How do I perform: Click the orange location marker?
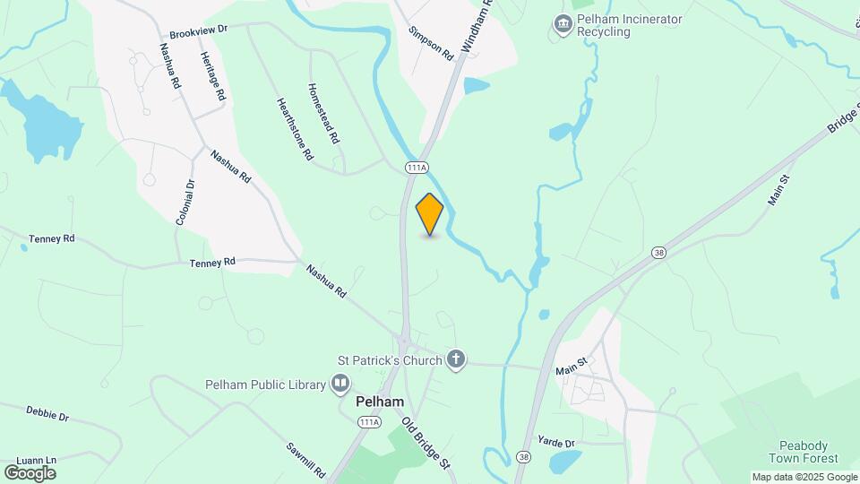[x=430, y=214]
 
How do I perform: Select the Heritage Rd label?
[x=213, y=76]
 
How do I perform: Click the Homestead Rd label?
[x=323, y=114]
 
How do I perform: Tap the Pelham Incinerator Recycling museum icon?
[x=562, y=24]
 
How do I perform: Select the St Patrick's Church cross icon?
[x=456, y=360]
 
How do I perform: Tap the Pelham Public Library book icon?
[x=340, y=385]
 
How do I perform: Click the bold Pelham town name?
[x=380, y=402]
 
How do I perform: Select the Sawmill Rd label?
[x=305, y=460]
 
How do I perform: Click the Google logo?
[x=30, y=472]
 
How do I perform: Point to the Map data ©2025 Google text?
[x=804, y=477]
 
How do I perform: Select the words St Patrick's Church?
[x=390, y=360]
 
